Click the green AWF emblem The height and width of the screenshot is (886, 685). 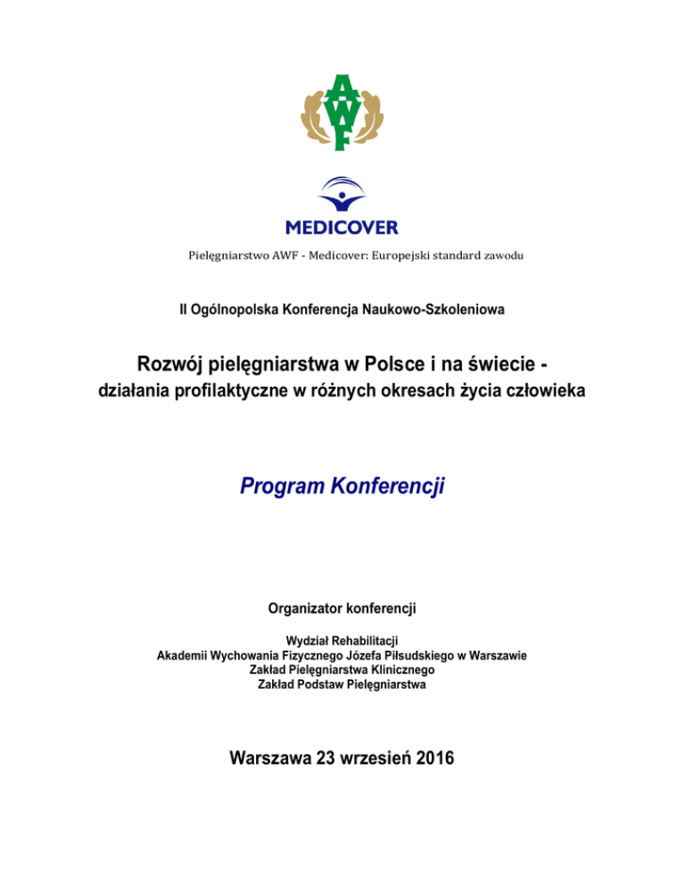coord(342,111)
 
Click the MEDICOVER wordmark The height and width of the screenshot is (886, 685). coord(342,226)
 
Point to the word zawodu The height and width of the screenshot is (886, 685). coord(501,256)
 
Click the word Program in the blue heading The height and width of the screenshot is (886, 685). coord(280,487)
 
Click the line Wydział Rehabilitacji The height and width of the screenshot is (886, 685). coord(342,641)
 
